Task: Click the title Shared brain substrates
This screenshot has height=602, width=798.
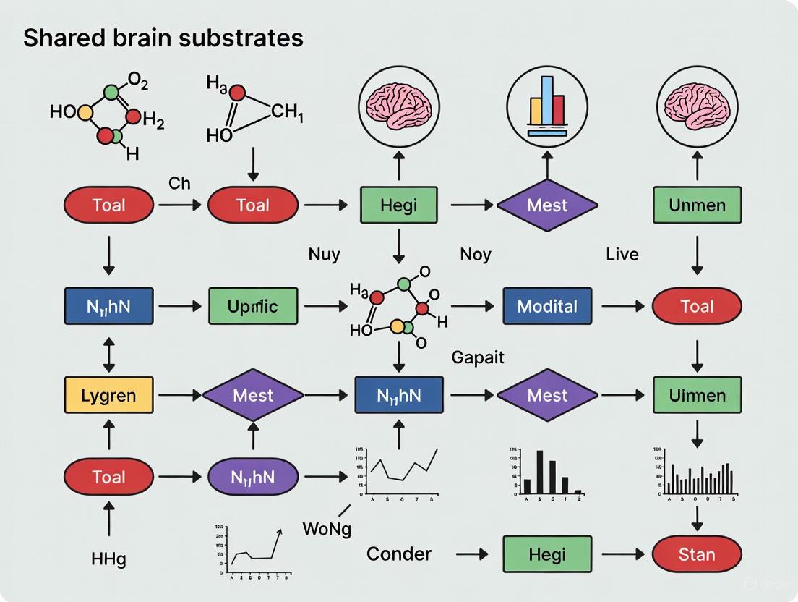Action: pyautogui.click(x=163, y=38)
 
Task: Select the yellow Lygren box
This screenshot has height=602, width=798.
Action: pyautogui.click(x=108, y=395)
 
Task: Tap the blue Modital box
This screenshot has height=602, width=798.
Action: pyautogui.click(x=547, y=306)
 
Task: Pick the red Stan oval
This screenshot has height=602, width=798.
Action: pyautogui.click(x=697, y=555)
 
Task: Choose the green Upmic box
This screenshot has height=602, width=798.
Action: pyautogui.click(x=252, y=306)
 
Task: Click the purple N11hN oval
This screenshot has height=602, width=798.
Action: pyautogui.click(x=252, y=477)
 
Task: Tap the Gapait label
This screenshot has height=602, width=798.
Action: pyautogui.click(x=477, y=357)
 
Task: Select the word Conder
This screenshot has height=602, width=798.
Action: pyautogui.click(x=399, y=554)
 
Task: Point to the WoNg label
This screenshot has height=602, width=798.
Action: pyautogui.click(x=327, y=529)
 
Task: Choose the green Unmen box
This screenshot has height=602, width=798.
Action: pyautogui.click(x=697, y=205)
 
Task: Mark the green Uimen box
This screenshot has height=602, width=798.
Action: pyautogui.click(x=697, y=395)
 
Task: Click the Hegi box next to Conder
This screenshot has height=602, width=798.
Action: pyautogui.click(x=547, y=555)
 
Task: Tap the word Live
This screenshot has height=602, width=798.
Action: pyautogui.click(x=622, y=254)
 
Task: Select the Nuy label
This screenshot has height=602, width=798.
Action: pyautogui.click(x=324, y=254)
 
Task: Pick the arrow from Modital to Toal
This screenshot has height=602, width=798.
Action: pyautogui.click(x=622, y=306)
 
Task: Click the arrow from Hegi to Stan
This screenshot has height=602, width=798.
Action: pyautogui.click(x=622, y=555)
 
